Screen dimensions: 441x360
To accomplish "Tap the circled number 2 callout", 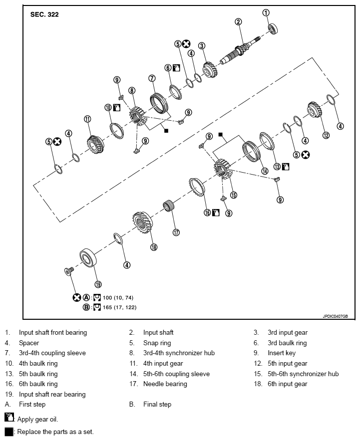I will pos(239,21).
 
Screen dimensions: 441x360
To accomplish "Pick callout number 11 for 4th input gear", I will pos(87,119).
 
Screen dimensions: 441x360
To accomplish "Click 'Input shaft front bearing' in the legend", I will pos(53,332).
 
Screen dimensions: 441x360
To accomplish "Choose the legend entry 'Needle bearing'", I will pos(165,384).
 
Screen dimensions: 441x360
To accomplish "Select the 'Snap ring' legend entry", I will pos(156,343).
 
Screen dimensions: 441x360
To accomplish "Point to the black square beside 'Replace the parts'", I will pos(8,432).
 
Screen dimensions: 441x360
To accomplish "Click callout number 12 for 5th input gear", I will pos(326,135).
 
